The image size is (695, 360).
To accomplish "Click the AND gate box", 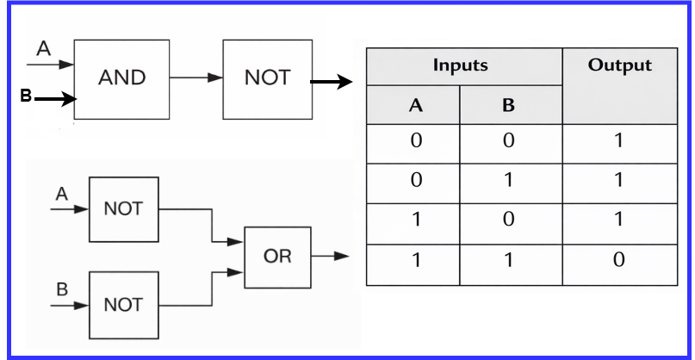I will [x=121, y=78].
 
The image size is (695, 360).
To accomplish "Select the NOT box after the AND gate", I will [x=265, y=78].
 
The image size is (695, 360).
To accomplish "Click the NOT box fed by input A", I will [x=123, y=209].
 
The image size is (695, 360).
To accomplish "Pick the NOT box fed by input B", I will [x=123, y=305].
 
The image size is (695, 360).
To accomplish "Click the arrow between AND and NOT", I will [x=196, y=78].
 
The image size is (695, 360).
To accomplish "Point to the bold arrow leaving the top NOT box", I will [x=331, y=83].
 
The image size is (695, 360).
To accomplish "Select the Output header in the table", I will [x=617, y=65].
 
